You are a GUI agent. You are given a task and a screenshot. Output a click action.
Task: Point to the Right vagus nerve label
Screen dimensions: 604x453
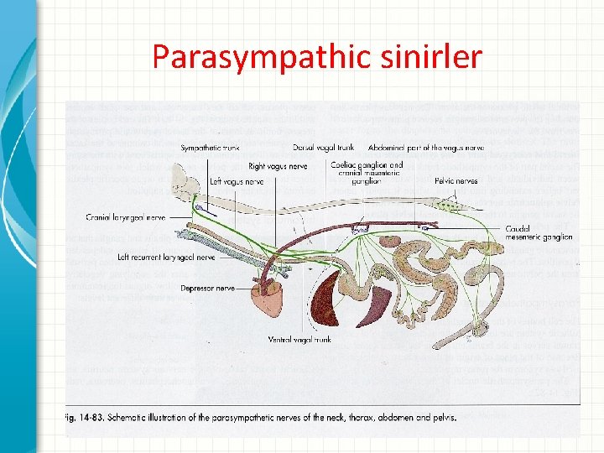point(278,166)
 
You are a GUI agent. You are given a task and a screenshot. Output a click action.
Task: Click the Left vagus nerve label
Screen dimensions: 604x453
point(238,180)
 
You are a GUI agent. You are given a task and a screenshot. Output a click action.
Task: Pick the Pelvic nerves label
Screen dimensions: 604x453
point(456,180)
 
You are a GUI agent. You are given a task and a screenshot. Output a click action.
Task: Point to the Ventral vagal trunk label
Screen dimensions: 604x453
point(299,340)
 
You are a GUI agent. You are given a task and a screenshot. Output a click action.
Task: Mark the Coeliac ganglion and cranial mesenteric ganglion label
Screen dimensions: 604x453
point(367,172)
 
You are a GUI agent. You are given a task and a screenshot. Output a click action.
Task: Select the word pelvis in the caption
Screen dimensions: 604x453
point(443,417)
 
